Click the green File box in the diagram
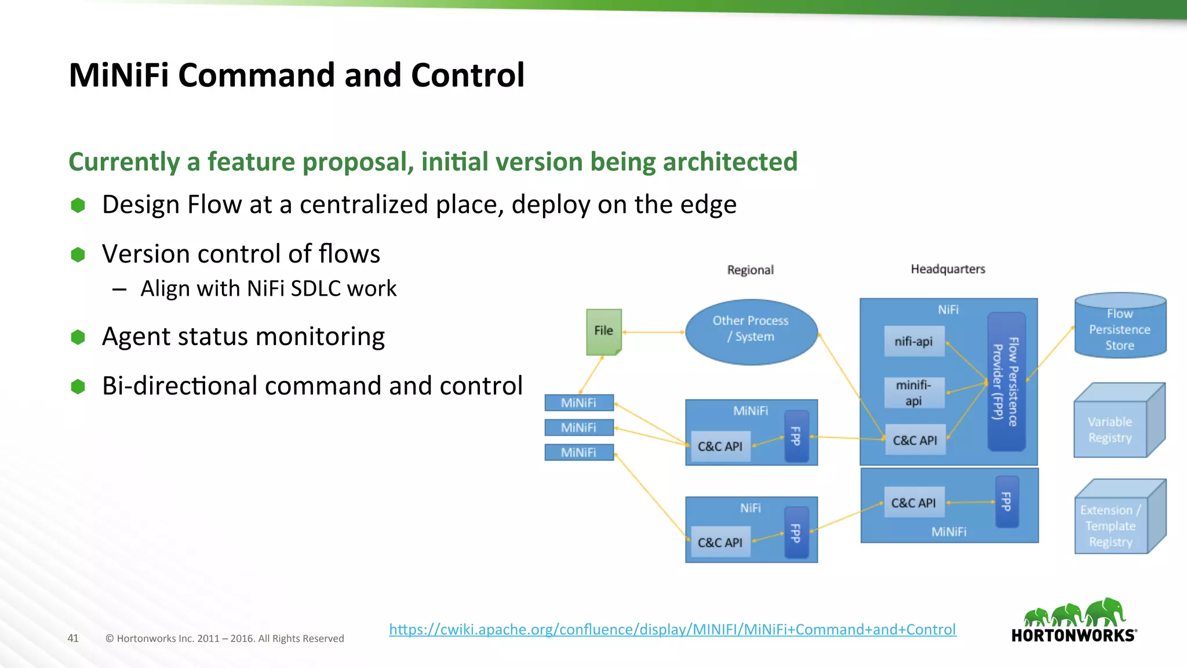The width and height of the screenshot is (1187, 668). tap(603, 331)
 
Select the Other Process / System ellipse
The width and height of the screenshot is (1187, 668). tap(751, 332)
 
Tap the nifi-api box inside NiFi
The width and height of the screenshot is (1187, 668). tap(914, 341)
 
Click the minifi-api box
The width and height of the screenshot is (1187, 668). tap(914, 393)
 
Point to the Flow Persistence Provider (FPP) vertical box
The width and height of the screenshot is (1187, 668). tap(1006, 382)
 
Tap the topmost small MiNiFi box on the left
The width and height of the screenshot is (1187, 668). tap(579, 402)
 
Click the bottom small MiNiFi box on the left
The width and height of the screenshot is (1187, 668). tap(579, 452)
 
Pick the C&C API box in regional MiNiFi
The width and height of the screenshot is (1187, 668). tap(720, 446)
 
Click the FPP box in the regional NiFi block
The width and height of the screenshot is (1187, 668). tap(796, 533)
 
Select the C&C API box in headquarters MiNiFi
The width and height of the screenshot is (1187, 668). tap(914, 503)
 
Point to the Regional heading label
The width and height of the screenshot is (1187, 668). tap(751, 270)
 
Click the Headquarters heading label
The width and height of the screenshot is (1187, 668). tap(948, 269)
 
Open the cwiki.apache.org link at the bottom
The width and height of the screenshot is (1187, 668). tap(672, 630)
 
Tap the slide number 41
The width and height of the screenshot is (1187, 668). tap(73, 638)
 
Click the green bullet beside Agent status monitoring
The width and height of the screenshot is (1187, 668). tap(78, 337)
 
